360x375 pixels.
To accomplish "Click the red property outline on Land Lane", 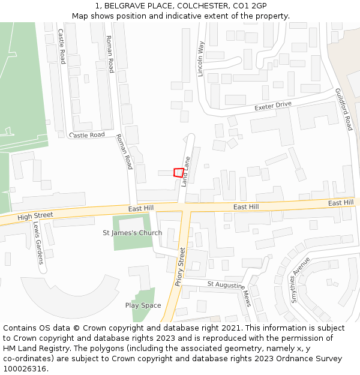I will [178, 172].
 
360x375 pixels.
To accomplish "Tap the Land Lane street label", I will [186, 170].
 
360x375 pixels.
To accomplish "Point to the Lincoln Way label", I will [201, 59].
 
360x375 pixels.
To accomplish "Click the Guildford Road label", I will [344, 109].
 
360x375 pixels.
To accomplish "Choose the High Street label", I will [35, 215].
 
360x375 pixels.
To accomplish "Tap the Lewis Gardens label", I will [38, 243].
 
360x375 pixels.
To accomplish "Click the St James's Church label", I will [132, 233].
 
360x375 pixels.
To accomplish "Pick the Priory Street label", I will [181, 266].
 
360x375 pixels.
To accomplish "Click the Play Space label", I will [143, 305].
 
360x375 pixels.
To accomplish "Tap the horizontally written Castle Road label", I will [87, 135].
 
